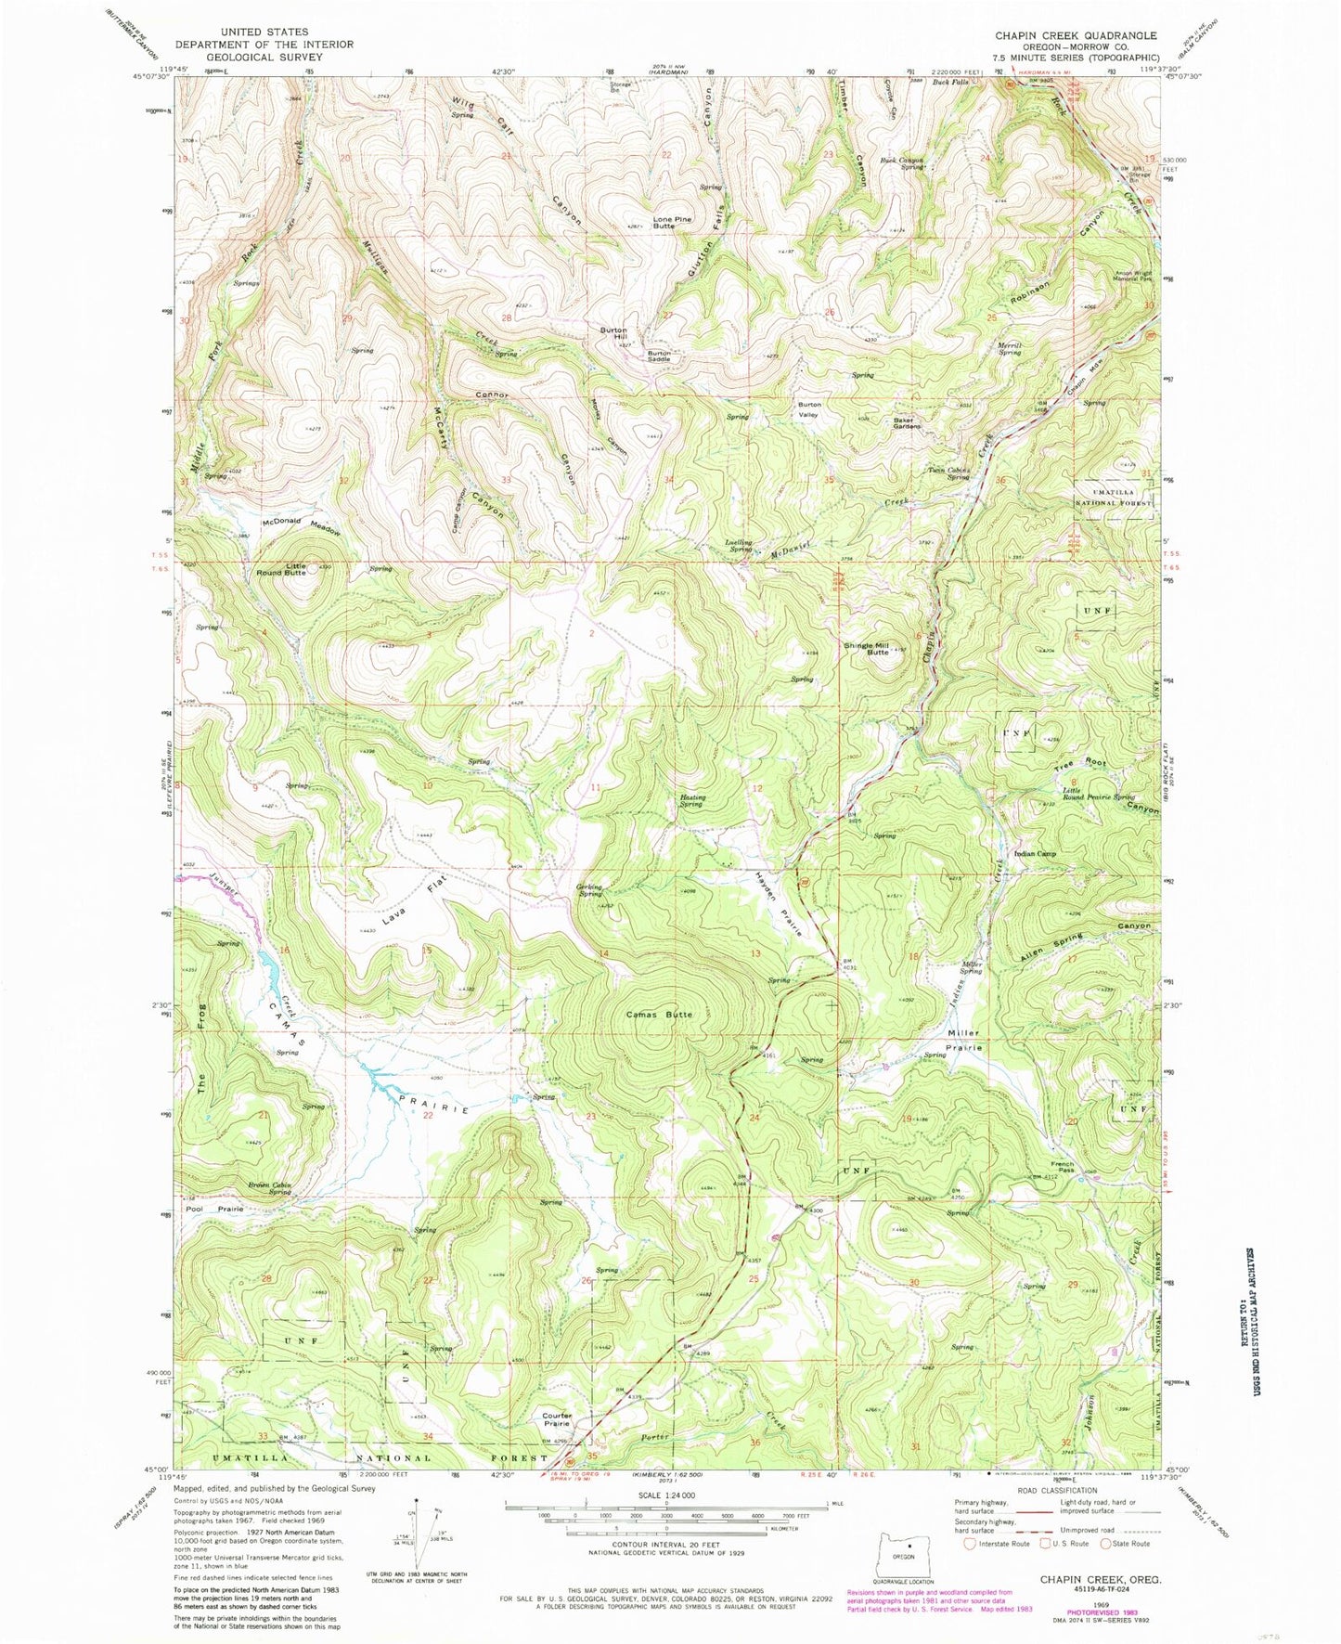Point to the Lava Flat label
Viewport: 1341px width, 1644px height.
pyautogui.click(x=423, y=893)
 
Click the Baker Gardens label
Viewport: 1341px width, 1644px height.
pyautogui.click(x=907, y=423)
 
